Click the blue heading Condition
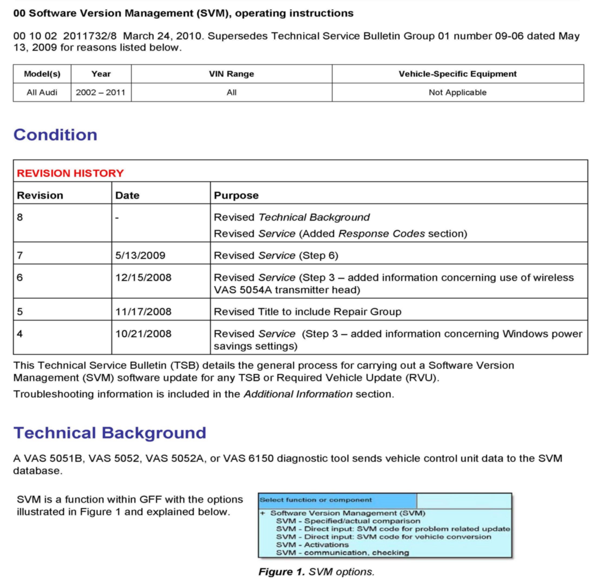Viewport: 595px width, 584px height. coord(55,135)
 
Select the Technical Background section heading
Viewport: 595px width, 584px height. coord(109,433)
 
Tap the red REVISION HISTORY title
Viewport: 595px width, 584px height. coord(70,173)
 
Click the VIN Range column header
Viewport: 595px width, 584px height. coord(231,74)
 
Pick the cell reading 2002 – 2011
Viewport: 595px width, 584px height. coord(101,92)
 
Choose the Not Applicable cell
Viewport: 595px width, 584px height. coord(457,92)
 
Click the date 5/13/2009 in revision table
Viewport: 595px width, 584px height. coord(140,255)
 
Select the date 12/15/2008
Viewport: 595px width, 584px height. coord(143,278)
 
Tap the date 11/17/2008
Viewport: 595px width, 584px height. coord(143,312)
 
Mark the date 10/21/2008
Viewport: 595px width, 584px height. coord(143,334)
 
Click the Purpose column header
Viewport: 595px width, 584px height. coord(236,195)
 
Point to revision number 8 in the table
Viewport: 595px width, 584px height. coord(20,218)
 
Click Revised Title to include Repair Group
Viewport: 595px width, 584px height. coord(307,312)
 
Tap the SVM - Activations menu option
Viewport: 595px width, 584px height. coord(312,545)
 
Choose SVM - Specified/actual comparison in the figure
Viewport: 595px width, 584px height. coord(348,521)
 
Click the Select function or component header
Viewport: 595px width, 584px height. coord(315,500)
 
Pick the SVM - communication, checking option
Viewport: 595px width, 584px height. coord(343,553)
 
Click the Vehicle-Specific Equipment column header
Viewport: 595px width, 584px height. coord(457,74)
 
